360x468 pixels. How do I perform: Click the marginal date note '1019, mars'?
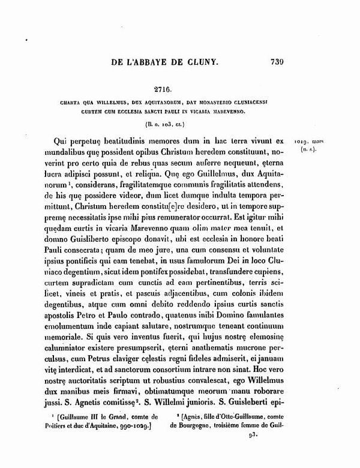(x=312, y=140)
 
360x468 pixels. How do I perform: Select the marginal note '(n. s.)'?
(x=312, y=149)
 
